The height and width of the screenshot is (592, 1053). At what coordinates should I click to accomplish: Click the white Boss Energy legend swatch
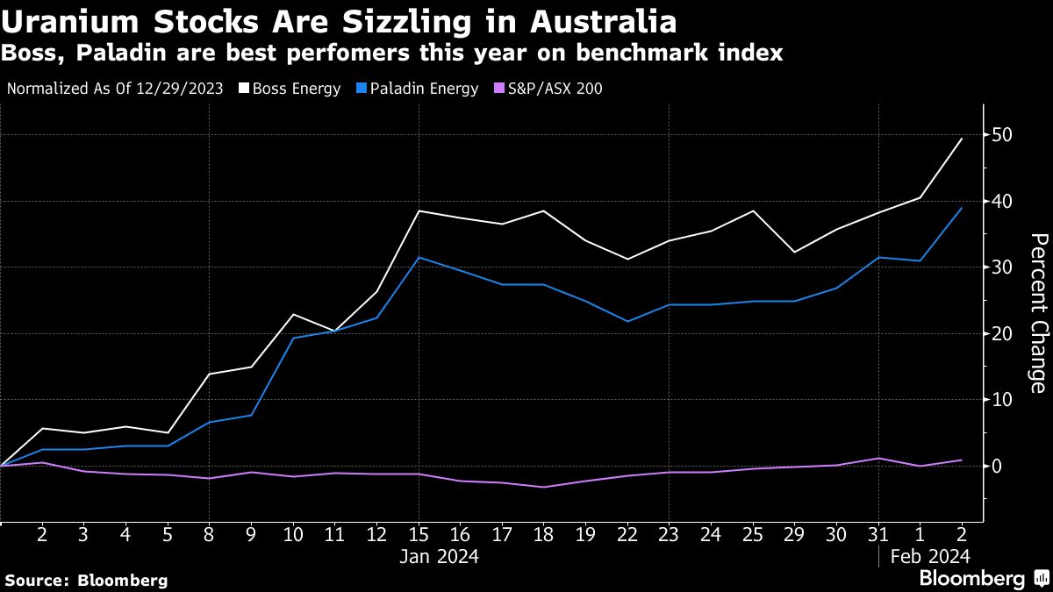point(244,89)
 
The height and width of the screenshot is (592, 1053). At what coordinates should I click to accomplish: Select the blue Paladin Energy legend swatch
point(360,89)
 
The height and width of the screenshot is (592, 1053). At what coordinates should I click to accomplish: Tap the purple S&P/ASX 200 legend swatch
point(498,89)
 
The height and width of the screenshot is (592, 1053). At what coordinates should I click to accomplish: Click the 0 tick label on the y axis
point(997,466)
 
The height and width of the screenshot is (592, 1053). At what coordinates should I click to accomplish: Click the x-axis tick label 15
point(419,533)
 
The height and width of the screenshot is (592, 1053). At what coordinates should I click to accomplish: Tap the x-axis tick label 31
point(877,533)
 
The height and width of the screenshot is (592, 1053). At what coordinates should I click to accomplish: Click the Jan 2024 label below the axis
point(439,556)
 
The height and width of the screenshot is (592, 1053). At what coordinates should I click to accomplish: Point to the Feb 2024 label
point(928,556)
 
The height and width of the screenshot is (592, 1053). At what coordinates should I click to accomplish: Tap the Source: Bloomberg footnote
point(86,580)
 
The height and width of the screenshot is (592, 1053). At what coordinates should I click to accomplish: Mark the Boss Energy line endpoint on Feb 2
point(962,139)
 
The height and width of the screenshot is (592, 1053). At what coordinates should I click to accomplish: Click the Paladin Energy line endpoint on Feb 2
point(962,208)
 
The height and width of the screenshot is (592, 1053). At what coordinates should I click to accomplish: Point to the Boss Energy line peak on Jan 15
point(419,210)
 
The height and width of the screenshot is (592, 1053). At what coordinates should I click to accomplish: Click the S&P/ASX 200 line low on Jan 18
point(544,487)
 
